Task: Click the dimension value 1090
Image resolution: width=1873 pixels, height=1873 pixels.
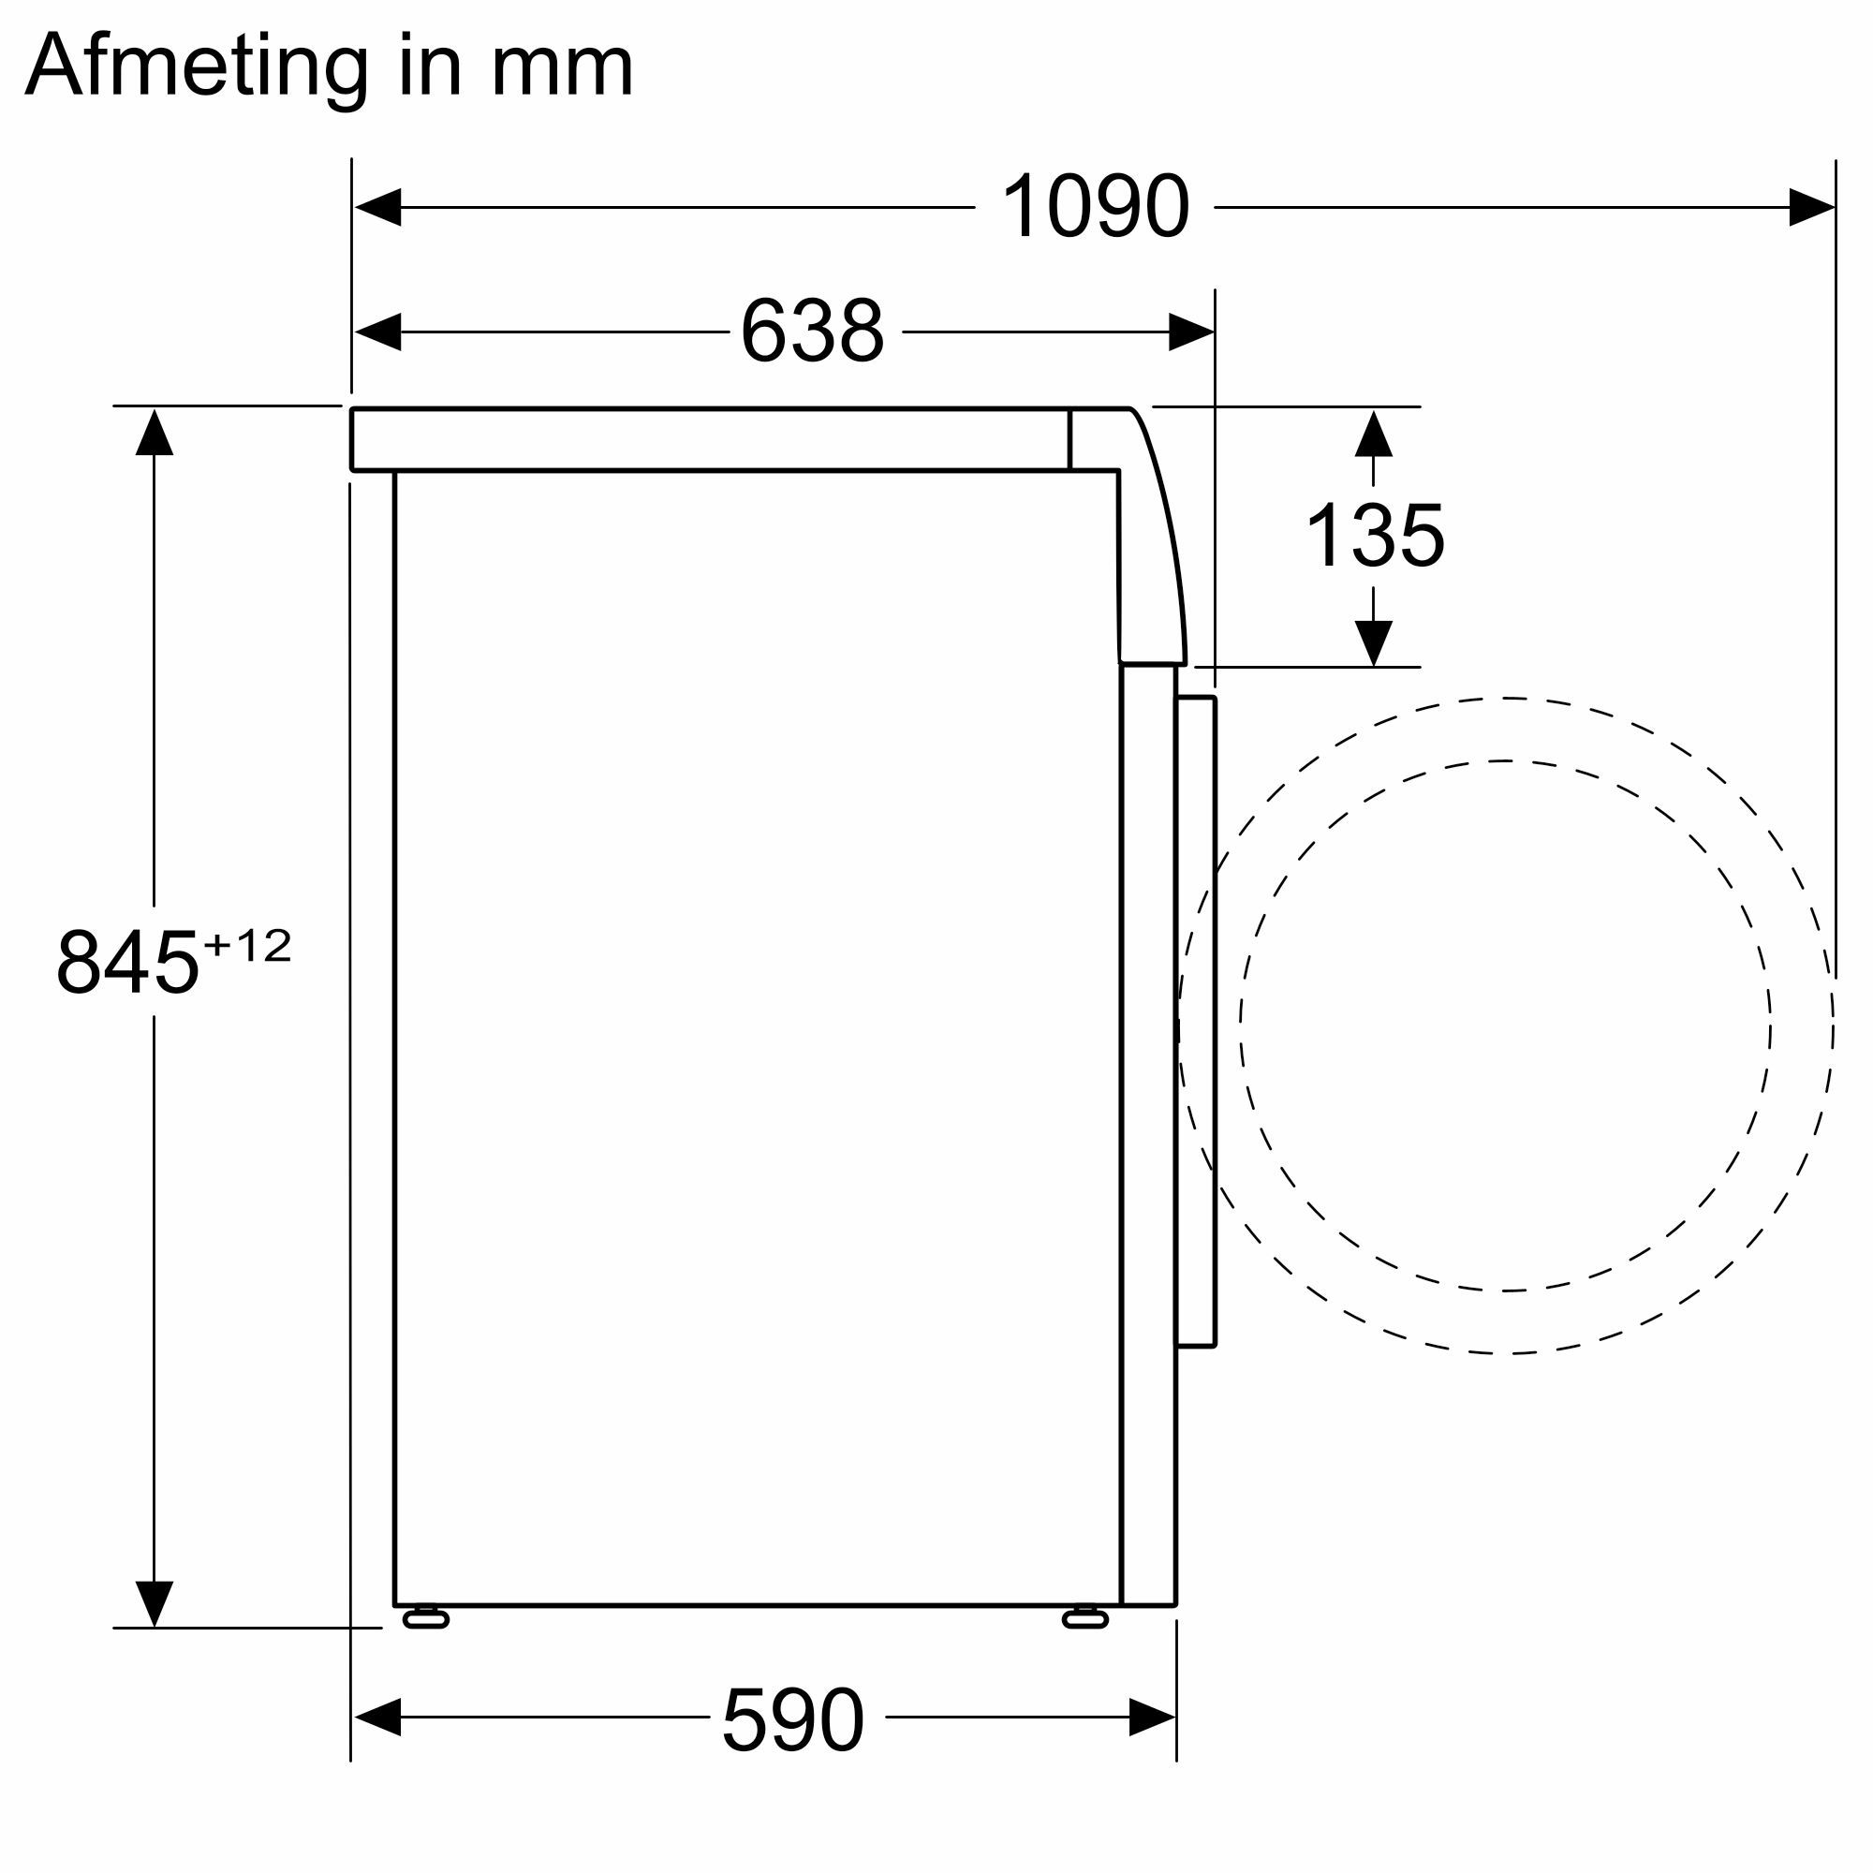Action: (1095, 206)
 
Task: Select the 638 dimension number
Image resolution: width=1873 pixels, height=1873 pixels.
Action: (811, 332)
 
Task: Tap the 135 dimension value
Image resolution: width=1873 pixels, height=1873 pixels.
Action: (1375, 536)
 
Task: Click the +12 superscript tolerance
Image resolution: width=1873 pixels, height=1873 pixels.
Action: (247, 945)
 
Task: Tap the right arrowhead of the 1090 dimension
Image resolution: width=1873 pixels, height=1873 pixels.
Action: (1811, 206)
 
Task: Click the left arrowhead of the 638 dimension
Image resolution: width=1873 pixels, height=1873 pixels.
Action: (377, 332)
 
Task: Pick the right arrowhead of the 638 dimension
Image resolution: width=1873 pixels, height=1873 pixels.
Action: (1190, 332)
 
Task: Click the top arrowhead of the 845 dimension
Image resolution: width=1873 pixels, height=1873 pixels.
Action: (155, 433)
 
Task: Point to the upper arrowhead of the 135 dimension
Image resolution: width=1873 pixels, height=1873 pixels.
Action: (1374, 434)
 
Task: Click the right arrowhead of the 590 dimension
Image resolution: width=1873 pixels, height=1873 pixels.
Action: (1153, 1718)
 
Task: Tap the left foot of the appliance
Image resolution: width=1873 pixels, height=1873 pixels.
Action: (424, 1617)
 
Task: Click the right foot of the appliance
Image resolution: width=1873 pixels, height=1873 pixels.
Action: (1084, 1617)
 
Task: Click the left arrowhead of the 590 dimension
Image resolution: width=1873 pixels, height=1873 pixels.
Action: (377, 1718)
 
